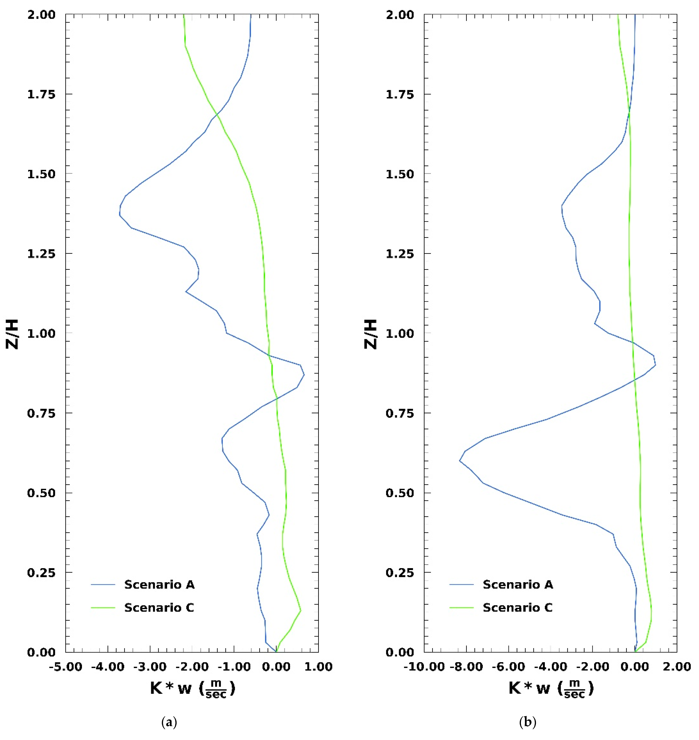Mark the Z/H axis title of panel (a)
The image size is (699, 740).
(x=12, y=334)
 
